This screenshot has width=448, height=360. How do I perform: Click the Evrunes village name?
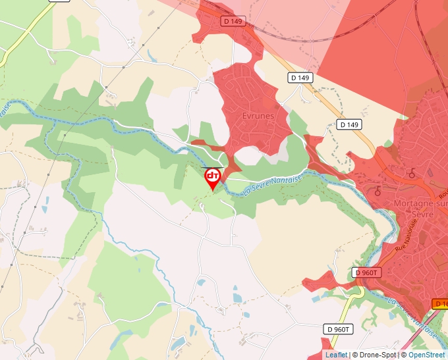[x=258, y=116]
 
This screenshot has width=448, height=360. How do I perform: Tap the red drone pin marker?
[x=212, y=177]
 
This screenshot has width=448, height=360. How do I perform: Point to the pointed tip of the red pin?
[x=212, y=191]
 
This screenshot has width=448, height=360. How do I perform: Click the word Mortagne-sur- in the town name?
[x=420, y=203]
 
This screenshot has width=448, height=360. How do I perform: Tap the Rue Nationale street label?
[x=407, y=238]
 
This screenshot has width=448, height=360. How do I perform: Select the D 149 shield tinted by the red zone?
[x=233, y=21]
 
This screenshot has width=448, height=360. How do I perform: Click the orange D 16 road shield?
[x=440, y=303]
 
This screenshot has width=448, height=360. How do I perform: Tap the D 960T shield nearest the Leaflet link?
[x=340, y=329]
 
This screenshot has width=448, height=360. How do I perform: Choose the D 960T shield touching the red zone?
[x=367, y=272]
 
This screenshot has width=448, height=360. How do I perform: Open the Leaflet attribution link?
[x=336, y=355]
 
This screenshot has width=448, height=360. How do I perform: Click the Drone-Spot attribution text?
[x=378, y=355]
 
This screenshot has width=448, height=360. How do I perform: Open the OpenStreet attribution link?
[x=427, y=355]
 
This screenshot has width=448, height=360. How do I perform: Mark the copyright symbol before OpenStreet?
[x=404, y=355]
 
